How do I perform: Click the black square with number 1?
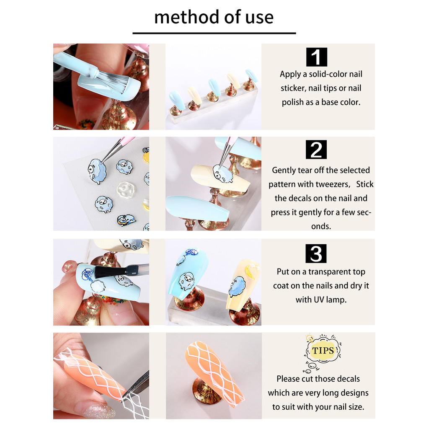pos(317,57)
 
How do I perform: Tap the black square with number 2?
pos(316,150)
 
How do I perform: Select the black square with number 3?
pos(316,253)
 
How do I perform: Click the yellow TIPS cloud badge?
pos(323,350)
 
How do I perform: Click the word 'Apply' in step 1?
pos(290,75)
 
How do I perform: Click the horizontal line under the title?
pos(214,33)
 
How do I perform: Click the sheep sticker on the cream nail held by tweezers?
pos(223,174)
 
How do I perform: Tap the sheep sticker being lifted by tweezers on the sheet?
pos(97,171)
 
